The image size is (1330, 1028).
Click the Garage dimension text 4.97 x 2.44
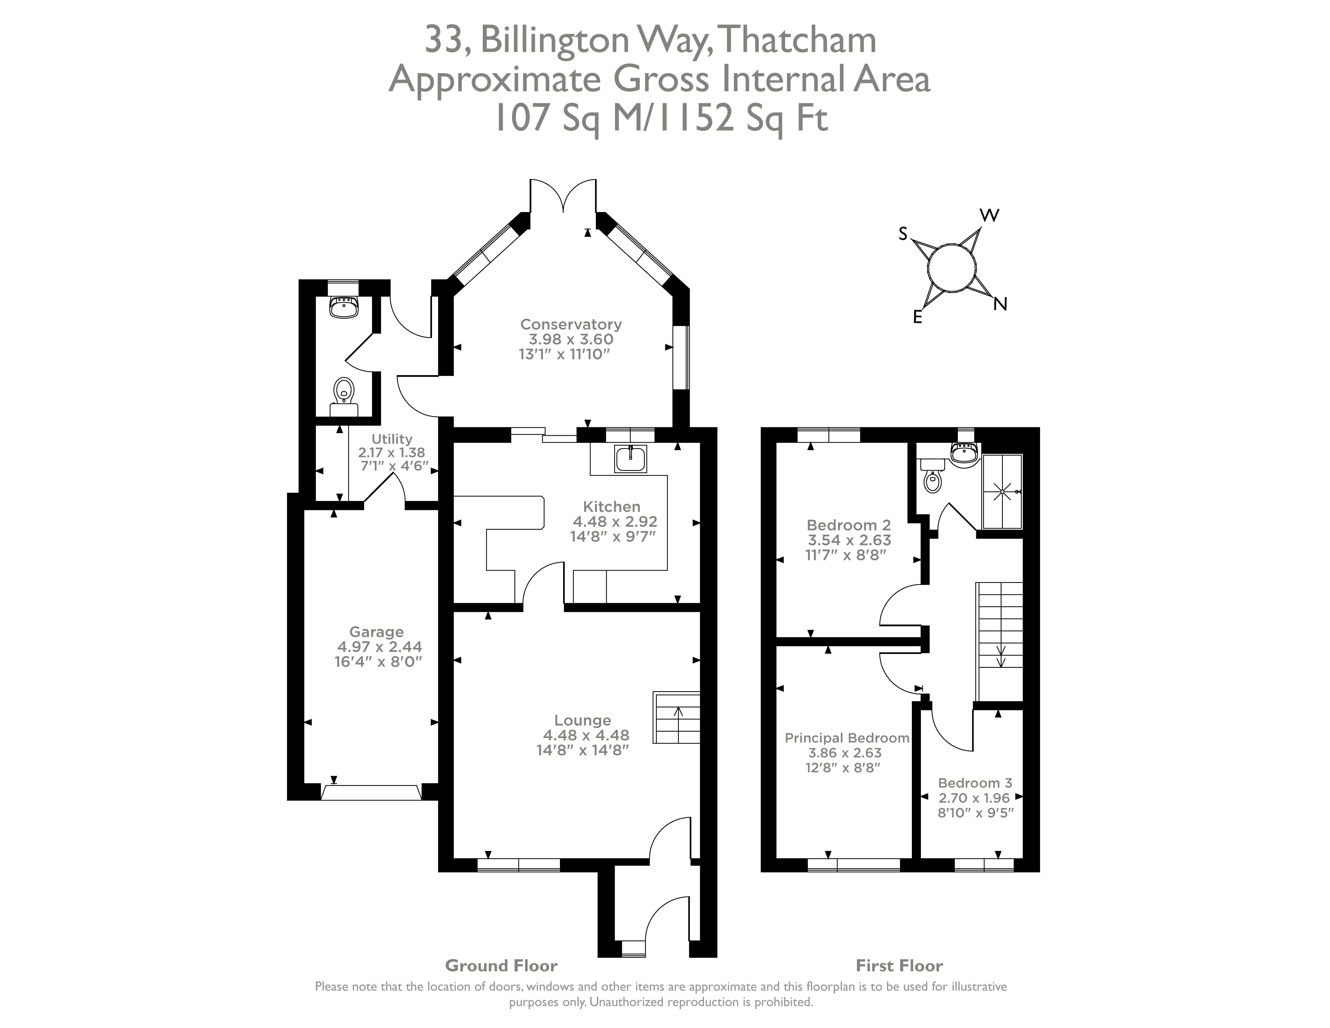click(379, 647)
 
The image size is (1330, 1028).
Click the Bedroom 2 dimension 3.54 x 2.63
click(849, 540)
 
